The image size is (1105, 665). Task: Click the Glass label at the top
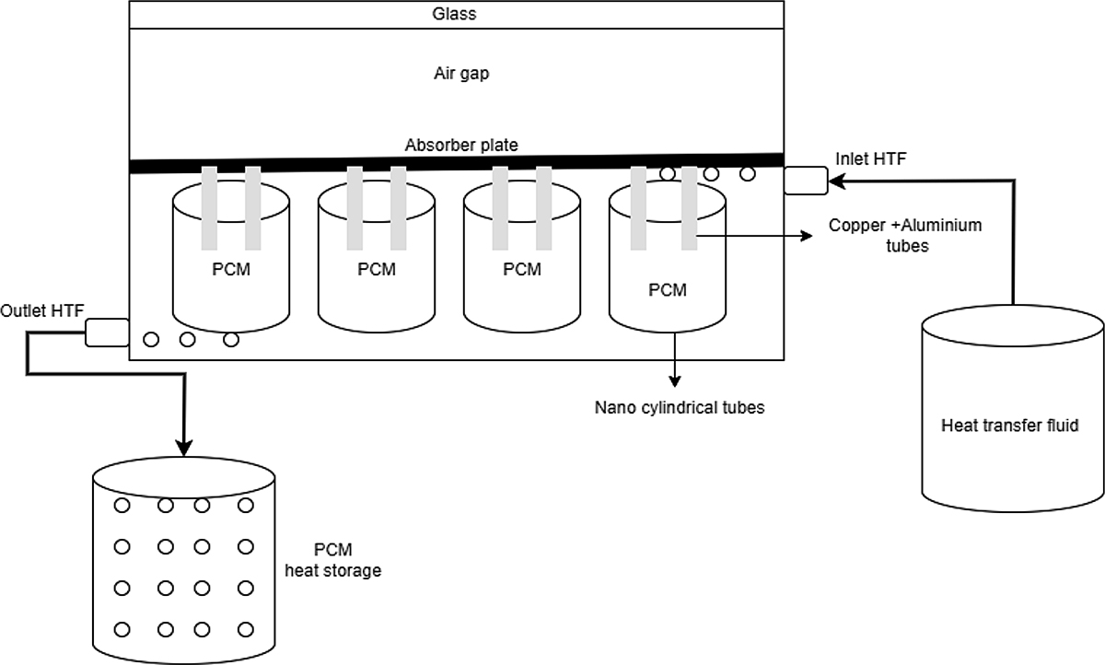point(455,15)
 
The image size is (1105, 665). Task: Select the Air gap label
point(461,74)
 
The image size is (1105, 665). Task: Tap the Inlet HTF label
point(870,159)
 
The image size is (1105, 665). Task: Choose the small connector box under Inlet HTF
point(806,181)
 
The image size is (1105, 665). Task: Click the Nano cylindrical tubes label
point(680,407)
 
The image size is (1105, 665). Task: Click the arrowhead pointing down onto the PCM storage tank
point(184,449)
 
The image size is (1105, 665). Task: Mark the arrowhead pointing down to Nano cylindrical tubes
point(675,380)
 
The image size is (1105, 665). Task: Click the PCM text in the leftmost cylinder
point(230,271)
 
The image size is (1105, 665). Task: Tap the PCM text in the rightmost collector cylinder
point(668,290)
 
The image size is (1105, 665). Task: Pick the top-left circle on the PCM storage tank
point(122,505)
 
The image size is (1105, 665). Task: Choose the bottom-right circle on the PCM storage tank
point(245,630)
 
